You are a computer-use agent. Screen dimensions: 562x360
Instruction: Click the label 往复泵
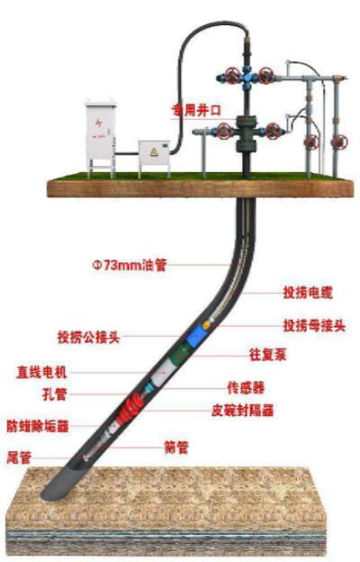click(267, 354)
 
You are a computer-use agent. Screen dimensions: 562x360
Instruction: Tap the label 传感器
click(246, 388)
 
